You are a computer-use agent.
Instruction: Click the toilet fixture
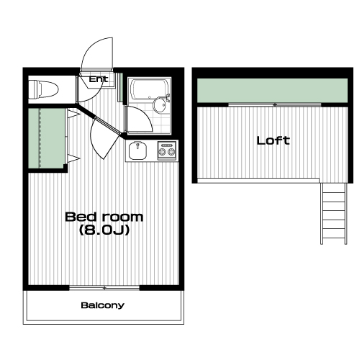tap(43, 90)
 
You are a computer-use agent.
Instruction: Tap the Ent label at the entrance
tap(99, 79)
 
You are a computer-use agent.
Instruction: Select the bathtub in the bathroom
tap(149, 89)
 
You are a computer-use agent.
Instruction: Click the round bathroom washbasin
tap(159, 104)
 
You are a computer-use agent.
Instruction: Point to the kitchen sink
tap(137, 150)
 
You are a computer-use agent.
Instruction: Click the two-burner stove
tap(167, 150)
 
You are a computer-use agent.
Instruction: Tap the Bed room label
tap(104, 217)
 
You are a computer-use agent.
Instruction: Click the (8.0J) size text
tap(104, 230)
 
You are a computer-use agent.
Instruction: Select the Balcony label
tap(103, 305)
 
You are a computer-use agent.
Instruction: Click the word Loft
tap(273, 140)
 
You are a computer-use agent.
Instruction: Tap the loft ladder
tap(334, 214)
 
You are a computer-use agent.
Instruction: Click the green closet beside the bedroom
tap(47, 138)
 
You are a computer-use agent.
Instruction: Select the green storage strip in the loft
tap(272, 90)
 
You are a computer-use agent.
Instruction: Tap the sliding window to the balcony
tap(104, 288)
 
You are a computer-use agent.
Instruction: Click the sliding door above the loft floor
tap(275, 105)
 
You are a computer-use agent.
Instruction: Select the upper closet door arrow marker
tap(73, 114)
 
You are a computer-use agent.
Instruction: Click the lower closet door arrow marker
tap(73, 158)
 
